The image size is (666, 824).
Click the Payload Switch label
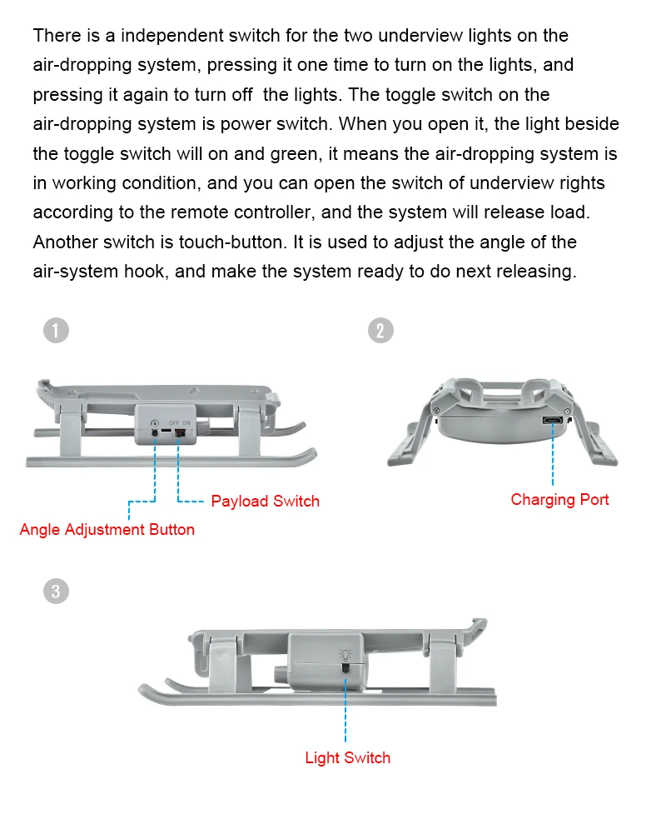265,501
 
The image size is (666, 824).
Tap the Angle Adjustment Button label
107,529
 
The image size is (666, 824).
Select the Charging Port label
559,499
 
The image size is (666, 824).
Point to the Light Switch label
347,757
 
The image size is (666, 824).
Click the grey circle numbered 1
56,331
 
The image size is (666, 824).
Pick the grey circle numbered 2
380,331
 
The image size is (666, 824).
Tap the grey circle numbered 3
56,592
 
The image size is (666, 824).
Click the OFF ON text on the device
180,423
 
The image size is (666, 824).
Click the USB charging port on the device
551,420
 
